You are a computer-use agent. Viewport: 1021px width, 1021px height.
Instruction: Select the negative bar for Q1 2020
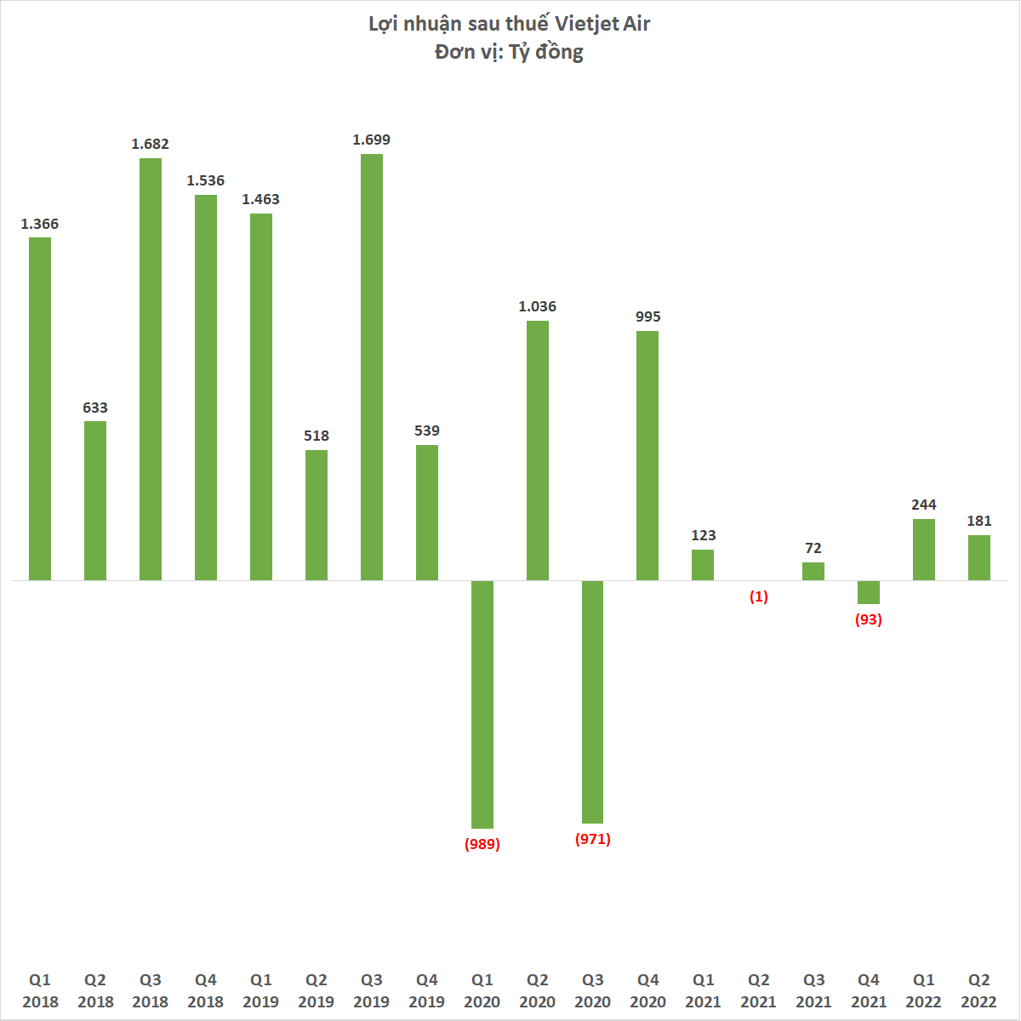pyautogui.click(x=482, y=704)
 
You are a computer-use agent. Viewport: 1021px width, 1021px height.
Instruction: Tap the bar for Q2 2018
pyautogui.click(x=95, y=500)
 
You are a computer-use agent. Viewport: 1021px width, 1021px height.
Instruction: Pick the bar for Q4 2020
pyautogui.click(x=647, y=456)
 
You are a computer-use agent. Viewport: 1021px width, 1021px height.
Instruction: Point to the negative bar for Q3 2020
pyautogui.click(x=593, y=702)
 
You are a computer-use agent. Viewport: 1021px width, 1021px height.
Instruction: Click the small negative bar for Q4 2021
pyautogui.click(x=869, y=592)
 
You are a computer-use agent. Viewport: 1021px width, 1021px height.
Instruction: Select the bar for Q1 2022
pyautogui.click(x=924, y=550)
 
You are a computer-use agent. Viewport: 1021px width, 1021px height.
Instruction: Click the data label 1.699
pyautogui.click(x=372, y=140)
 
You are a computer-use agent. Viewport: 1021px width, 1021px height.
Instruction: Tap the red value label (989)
pyautogui.click(x=482, y=844)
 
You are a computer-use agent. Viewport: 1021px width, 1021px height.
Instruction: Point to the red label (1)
pyautogui.click(x=758, y=596)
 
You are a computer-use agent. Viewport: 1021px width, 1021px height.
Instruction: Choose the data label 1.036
pyautogui.click(x=538, y=306)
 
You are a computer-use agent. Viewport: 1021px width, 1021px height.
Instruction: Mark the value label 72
pyautogui.click(x=813, y=548)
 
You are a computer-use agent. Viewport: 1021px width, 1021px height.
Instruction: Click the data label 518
pyautogui.click(x=317, y=436)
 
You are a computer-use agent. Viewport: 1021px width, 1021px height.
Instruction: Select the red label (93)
pyautogui.click(x=869, y=619)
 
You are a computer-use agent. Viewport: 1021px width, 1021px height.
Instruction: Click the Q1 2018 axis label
pyautogui.click(x=40, y=991)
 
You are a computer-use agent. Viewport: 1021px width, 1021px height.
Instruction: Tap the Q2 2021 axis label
pyautogui.click(x=758, y=991)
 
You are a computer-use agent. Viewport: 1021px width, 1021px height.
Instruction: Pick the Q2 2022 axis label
pyautogui.click(x=979, y=991)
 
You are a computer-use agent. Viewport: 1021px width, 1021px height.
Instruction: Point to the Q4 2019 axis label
pyautogui.click(x=427, y=991)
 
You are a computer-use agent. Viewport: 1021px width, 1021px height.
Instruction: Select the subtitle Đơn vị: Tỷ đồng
pyautogui.click(x=509, y=52)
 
